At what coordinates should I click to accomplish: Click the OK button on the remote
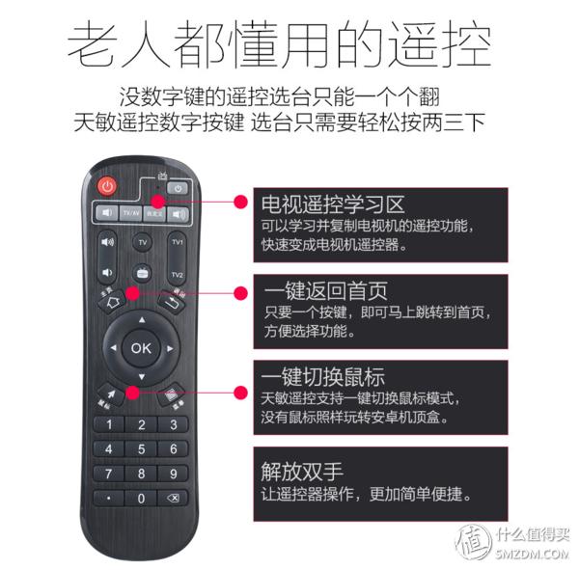(142, 347)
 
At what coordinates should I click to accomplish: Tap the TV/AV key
(130, 212)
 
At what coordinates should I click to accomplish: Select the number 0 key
(142, 498)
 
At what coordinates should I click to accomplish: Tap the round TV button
(142, 241)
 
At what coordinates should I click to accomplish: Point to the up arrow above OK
(142, 319)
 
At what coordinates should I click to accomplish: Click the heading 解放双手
(302, 472)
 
